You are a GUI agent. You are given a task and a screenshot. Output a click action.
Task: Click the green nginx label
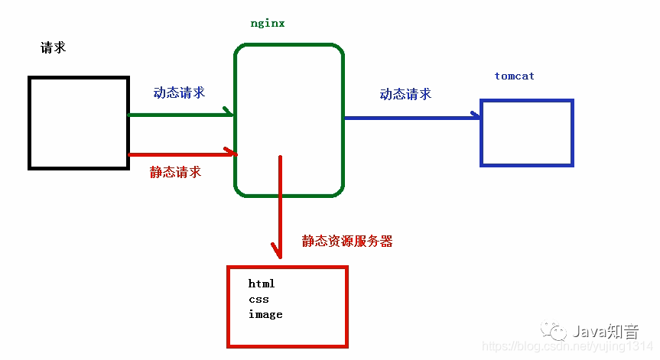[x=268, y=23]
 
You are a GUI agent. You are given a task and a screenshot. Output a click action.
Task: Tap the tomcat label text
[x=514, y=76]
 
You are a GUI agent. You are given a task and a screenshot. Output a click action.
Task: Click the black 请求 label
[x=53, y=47]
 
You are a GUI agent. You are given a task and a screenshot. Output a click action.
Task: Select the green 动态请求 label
[x=179, y=92]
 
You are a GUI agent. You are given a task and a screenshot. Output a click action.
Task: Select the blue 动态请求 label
[x=405, y=94]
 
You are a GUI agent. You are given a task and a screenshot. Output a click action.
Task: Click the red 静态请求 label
[x=175, y=172]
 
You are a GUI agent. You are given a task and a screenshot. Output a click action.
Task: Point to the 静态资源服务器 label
[x=347, y=241]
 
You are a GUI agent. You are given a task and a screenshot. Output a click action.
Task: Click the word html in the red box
[x=262, y=284]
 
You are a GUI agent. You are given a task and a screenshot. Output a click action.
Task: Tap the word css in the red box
[x=258, y=299]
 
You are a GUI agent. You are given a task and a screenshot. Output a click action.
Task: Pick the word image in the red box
[x=265, y=314]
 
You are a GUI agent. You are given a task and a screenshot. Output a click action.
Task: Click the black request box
[x=78, y=122]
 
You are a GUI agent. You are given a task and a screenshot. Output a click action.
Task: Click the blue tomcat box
[x=526, y=133]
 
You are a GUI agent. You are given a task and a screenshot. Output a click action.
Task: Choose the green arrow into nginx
[x=180, y=115]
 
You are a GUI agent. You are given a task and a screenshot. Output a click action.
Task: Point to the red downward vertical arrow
[x=280, y=206]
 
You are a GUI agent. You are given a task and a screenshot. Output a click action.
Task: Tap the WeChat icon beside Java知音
[x=554, y=331]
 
